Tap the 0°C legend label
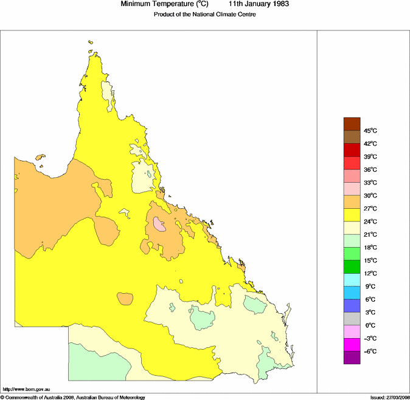369,325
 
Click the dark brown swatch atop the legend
352,124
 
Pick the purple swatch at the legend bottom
352,358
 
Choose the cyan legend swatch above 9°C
352,279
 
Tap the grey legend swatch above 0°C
352,319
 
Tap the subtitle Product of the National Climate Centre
204,15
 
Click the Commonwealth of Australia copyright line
73,397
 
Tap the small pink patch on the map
159,224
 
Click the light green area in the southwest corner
97,361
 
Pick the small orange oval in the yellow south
125,299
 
